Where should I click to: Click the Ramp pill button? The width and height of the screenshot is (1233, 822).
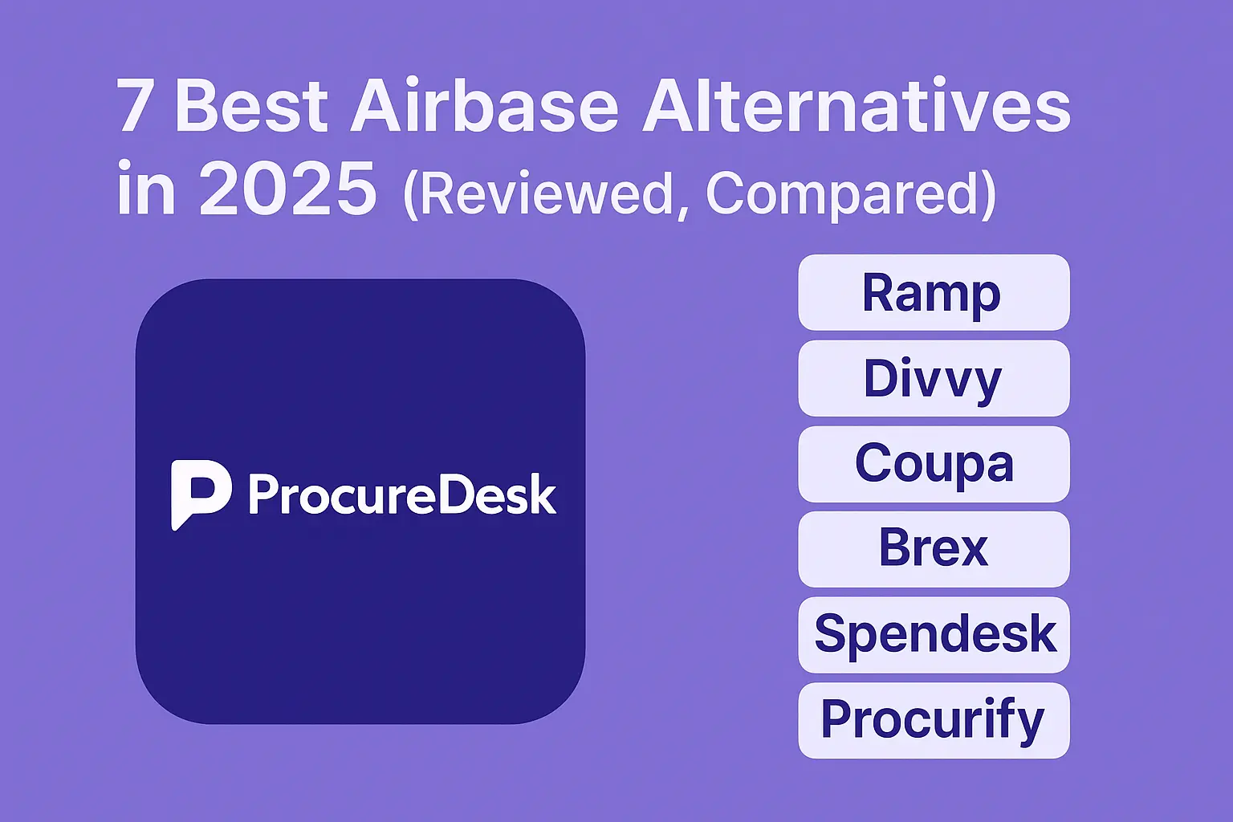pos(933,293)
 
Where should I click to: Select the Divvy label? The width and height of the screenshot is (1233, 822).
pos(933,378)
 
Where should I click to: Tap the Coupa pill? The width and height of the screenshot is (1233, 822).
pos(933,464)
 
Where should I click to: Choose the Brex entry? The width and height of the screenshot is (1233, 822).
pos(933,549)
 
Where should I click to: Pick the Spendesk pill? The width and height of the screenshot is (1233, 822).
pos(934,634)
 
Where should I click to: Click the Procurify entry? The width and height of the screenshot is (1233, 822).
pos(933,720)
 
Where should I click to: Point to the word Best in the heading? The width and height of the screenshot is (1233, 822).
pos(251,107)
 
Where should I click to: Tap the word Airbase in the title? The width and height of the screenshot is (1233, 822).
pos(484,107)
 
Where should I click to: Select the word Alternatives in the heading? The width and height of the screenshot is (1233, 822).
pos(856,107)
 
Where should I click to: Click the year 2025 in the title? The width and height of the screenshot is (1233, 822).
pos(287,190)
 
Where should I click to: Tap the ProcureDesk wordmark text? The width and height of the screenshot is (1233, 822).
pos(401,494)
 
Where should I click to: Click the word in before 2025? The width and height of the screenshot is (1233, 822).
pos(145,189)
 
